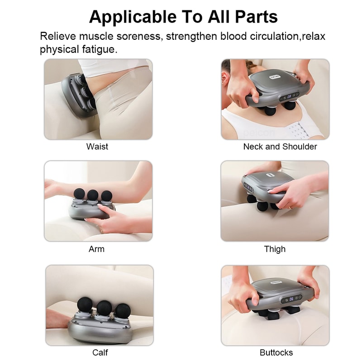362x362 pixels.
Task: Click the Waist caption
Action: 97,147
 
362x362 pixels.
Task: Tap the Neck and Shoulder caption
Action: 280,147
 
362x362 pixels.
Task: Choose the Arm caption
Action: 97,249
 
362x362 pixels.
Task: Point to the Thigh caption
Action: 275,249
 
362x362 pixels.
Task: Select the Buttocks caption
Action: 276,352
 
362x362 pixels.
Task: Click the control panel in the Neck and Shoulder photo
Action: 288,96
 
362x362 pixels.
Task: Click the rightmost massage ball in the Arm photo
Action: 107,195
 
